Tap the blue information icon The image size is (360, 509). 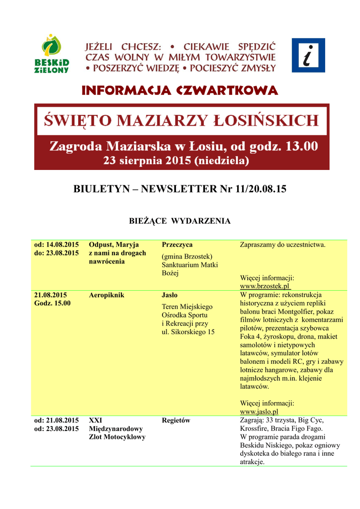(308, 55)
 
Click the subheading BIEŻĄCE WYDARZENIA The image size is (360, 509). (180, 221)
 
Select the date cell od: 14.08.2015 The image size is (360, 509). (56, 245)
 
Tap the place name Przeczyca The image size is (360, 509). (178, 245)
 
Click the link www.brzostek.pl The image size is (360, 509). (265, 287)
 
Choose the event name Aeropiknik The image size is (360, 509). (106, 295)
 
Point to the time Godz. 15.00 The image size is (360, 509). (52, 303)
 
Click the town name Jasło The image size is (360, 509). (170, 295)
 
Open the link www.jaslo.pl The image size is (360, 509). (259, 412)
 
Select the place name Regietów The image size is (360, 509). (176, 421)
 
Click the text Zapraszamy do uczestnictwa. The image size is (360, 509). (282, 245)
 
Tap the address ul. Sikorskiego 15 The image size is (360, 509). (188, 332)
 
